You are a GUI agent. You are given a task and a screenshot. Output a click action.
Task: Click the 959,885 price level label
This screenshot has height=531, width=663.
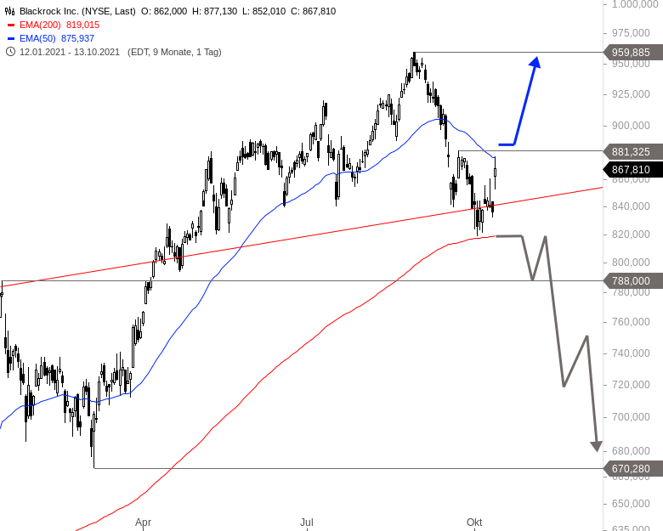pos(630,53)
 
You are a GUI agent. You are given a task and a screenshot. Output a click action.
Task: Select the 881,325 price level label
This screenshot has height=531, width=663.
pos(630,151)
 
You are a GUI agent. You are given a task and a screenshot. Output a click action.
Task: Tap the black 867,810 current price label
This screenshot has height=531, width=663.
pos(630,169)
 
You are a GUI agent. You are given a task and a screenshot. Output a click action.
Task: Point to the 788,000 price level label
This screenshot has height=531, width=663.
pos(630,280)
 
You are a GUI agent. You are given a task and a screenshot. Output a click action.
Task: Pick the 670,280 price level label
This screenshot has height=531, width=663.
pos(630,468)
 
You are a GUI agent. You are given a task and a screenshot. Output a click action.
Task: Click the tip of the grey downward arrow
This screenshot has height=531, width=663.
pos(596,451)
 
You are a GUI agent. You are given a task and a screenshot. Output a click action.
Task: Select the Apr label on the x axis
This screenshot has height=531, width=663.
pos(143,522)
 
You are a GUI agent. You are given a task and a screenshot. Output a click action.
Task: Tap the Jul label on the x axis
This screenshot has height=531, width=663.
pos(306,522)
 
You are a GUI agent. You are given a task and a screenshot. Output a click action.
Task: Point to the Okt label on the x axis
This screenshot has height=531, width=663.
pos(474,522)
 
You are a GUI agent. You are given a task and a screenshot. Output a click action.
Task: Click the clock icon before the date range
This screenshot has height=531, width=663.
pos(10,52)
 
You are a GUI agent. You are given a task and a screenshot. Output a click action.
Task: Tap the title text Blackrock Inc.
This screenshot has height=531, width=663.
pos(49,11)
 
